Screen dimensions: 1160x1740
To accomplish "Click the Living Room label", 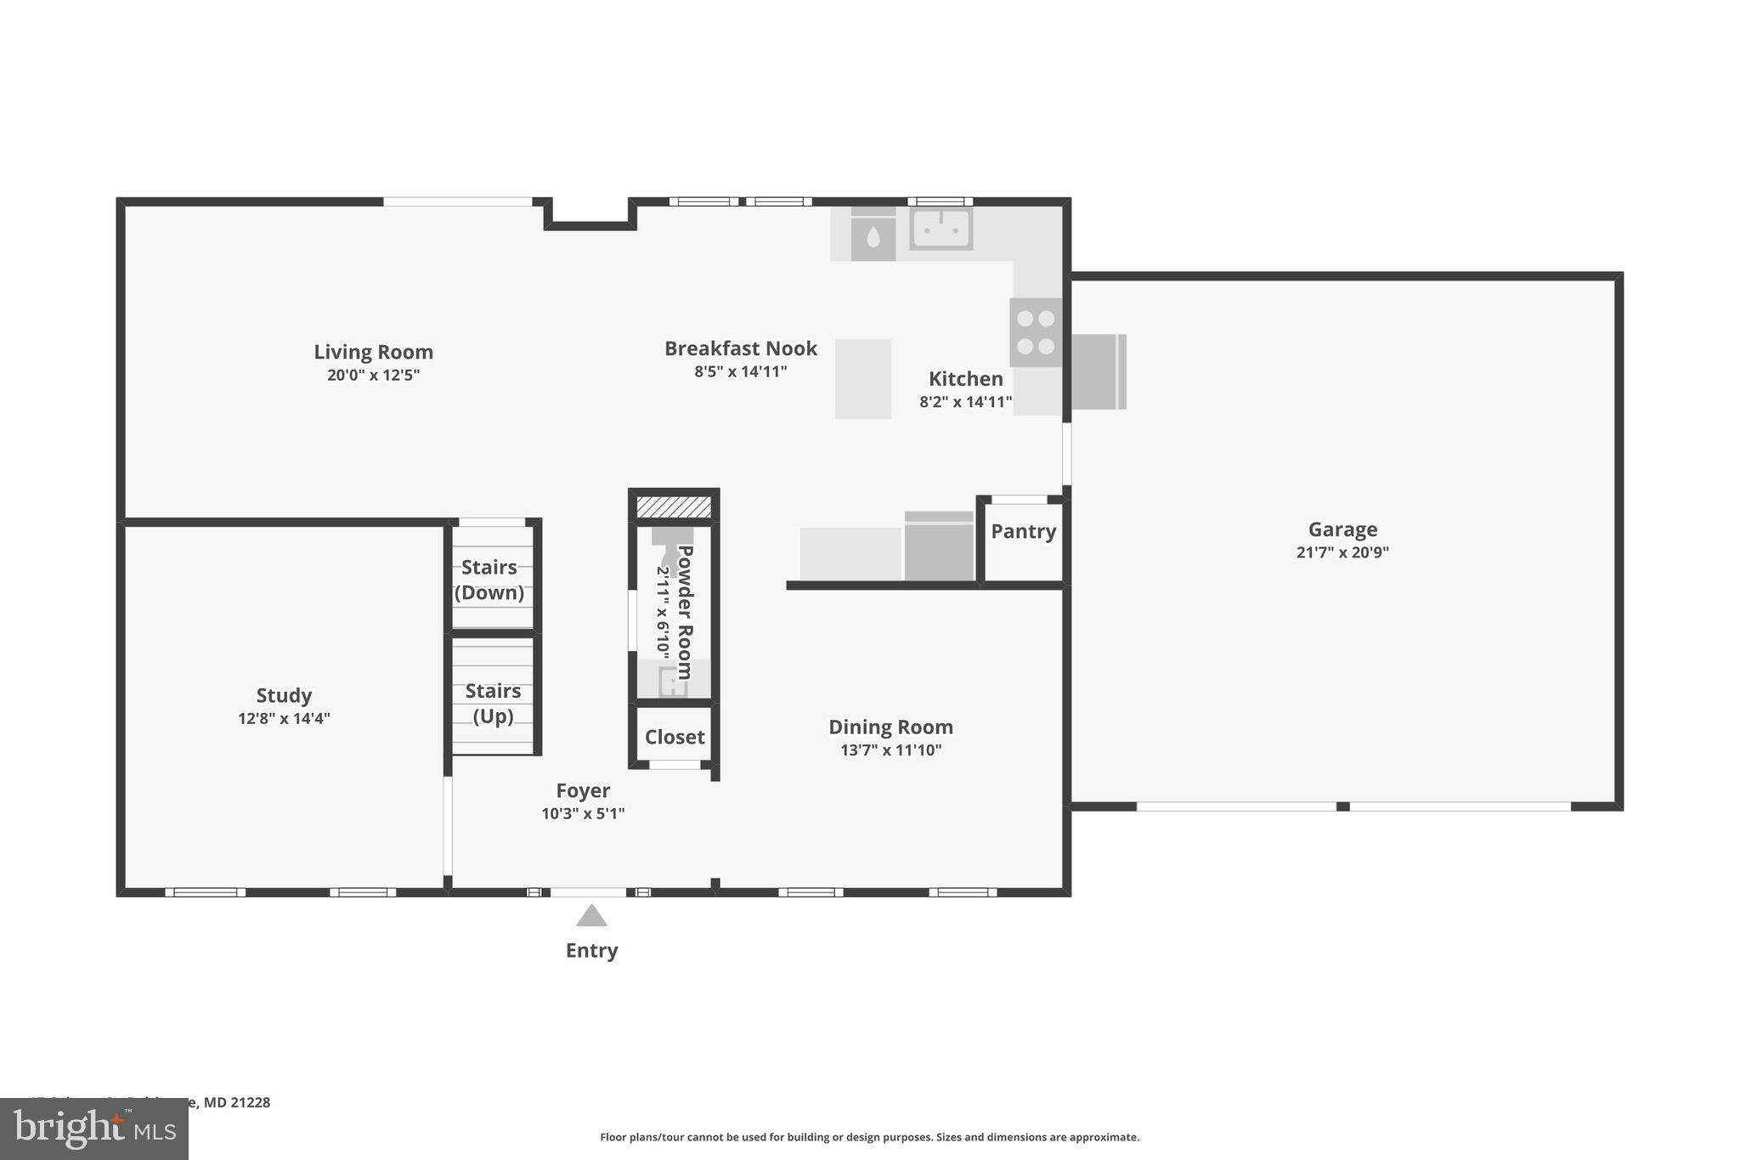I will click(373, 352).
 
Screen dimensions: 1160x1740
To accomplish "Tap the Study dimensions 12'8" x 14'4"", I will click(284, 719).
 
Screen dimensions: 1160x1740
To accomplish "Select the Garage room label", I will click(1342, 529).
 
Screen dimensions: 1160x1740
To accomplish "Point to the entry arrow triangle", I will click(591, 916).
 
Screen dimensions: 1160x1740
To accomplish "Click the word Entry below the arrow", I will click(591, 950).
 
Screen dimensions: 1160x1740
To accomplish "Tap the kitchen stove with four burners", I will click(1036, 332).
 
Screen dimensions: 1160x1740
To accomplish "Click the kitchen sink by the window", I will click(941, 229).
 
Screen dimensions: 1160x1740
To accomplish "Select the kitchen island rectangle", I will click(862, 379).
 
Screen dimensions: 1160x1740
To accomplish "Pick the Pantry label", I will click(1023, 532).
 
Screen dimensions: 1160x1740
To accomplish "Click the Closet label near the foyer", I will click(675, 737).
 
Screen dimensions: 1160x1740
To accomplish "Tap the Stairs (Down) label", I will click(489, 580).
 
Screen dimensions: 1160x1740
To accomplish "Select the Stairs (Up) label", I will click(493, 703).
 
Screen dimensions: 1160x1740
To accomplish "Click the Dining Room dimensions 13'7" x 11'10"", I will click(890, 750).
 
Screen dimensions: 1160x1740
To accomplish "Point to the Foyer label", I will click(583, 791).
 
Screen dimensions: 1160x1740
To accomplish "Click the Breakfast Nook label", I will click(740, 348).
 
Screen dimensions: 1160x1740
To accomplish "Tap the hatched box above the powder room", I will click(674, 507).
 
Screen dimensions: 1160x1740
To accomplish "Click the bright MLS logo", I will click(94, 1129).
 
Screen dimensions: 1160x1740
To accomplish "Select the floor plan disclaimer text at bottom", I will click(869, 1137).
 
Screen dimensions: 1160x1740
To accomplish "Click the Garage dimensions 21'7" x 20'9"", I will click(1342, 552).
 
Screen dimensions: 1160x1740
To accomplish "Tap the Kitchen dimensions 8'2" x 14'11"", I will click(965, 402).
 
